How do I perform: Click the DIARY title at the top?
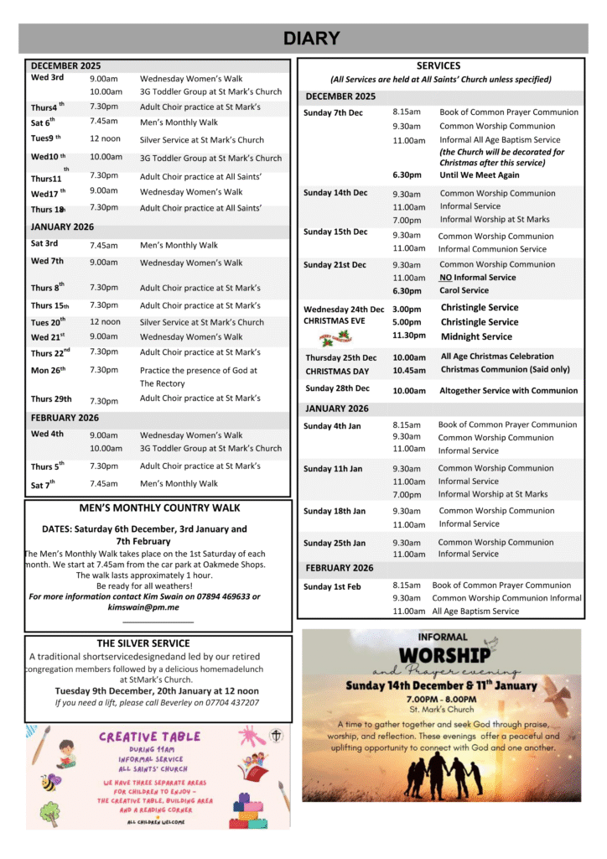tap(311, 39)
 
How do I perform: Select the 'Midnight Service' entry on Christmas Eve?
tap(476, 337)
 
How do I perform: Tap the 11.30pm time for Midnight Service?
tap(408, 337)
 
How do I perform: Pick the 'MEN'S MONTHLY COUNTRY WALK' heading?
tap(159, 508)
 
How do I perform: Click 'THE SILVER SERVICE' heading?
tap(143, 644)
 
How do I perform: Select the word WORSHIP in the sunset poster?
tap(444, 655)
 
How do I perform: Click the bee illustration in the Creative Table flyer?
tap(50, 783)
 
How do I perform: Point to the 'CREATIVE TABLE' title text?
tap(150, 737)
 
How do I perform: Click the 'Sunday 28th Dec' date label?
tap(337, 389)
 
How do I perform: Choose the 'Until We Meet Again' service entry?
tap(479, 175)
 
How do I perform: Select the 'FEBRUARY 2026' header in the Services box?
tap(340, 568)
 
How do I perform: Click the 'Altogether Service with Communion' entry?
tap(508, 391)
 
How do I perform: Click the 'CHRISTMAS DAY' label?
tap(337, 372)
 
